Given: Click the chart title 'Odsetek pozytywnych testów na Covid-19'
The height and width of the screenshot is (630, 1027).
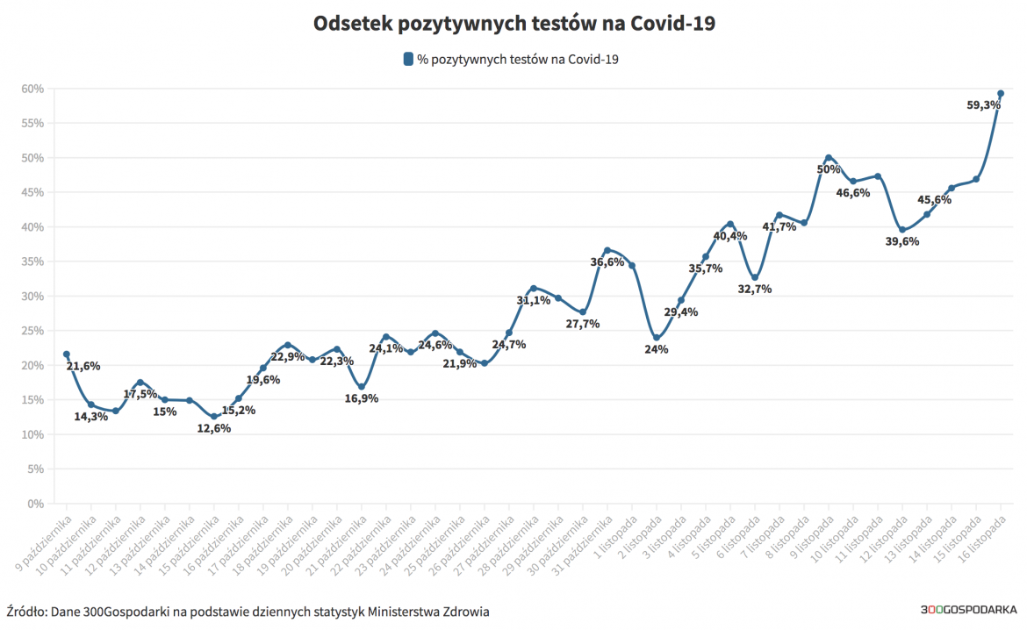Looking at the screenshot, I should [x=513, y=24].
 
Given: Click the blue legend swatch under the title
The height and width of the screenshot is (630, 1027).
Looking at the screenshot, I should [x=408, y=60].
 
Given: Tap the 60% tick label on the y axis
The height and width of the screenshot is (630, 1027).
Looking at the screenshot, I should [x=32, y=89].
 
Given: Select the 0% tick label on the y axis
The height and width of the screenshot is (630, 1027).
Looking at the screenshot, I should [x=35, y=504].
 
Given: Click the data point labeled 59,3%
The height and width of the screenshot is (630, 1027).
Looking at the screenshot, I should [x=1001, y=94].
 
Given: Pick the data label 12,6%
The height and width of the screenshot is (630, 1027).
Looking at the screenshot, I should [x=214, y=428].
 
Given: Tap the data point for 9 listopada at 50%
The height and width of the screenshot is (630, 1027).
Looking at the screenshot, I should [x=829, y=158].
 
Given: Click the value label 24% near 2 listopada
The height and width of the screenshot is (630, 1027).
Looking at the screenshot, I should [x=657, y=349].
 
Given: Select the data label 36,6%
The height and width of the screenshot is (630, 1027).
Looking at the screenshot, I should [x=607, y=261].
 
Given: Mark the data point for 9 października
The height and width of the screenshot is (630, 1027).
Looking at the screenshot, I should [x=67, y=354].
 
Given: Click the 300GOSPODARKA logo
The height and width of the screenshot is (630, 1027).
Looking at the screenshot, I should [x=968, y=610].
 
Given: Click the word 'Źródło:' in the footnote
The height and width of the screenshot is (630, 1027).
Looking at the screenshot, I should [x=27, y=611].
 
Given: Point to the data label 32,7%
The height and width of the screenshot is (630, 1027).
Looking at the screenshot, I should [x=755, y=289].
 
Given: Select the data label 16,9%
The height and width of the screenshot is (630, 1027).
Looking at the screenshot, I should [x=362, y=398].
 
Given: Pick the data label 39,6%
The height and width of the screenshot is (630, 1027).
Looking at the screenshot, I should [x=902, y=241].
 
